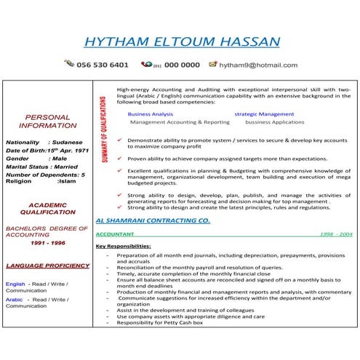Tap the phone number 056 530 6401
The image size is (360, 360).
point(103,65)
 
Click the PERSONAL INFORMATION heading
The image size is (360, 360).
point(47,121)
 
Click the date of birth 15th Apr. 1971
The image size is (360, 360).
point(72,151)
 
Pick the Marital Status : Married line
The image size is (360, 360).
point(41,167)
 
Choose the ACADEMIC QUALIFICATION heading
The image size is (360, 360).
point(47,209)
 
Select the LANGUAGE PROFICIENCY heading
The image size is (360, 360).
point(47,266)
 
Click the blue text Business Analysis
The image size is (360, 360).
point(150,114)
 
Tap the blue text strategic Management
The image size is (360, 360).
point(264,114)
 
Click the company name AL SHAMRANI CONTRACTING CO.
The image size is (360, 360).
point(153,219)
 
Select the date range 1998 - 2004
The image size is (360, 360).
point(336,235)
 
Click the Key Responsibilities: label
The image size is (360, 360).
point(123,247)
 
